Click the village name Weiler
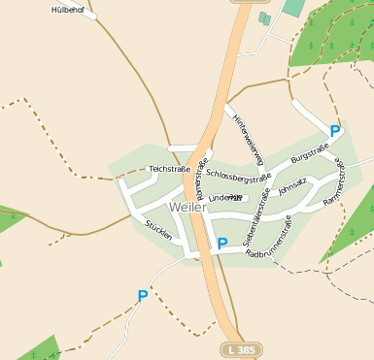tap(187, 208)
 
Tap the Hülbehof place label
tap(68, 10)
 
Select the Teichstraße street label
tap(169, 169)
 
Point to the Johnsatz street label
tap(291, 185)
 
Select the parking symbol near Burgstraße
tap(335, 130)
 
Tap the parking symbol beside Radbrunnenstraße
tap(221, 245)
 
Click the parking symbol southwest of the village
tap(142, 296)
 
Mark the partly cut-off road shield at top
tap(244, 2)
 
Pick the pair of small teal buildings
tap(264, 17)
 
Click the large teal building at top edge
tap(292, 7)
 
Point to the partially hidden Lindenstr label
tap(225, 197)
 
